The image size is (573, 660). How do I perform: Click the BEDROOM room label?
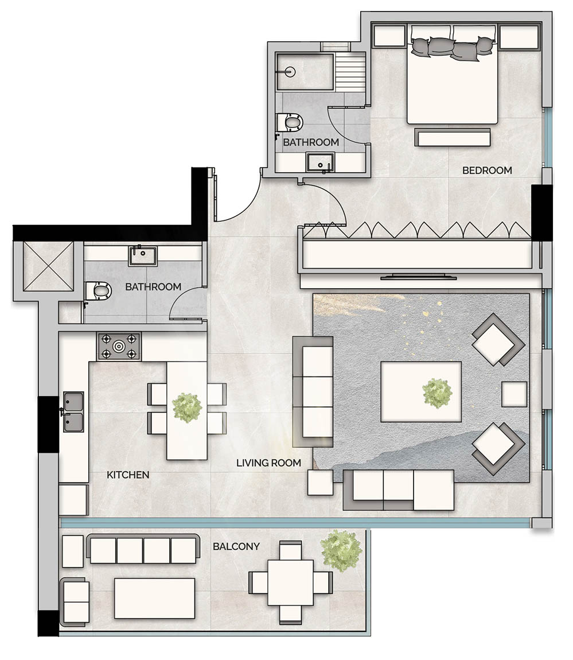pos(487,170)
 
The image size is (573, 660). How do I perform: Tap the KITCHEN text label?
pos(128,475)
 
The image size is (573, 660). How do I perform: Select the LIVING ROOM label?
pos(268,463)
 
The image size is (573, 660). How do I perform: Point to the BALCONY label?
pos(236,546)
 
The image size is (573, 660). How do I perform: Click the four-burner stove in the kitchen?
pos(119,346)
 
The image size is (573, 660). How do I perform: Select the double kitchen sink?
pos(73,412)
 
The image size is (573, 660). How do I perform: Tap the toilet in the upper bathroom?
pos(290,122)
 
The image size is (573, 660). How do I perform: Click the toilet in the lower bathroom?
pos(99,292)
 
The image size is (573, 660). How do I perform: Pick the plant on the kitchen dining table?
pos(187,407)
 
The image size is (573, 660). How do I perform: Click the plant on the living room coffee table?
pos(437,394)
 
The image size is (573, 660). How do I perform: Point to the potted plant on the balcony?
pos(341,550)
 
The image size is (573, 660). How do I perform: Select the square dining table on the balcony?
pos(290,583)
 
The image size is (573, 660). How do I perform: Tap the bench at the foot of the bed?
pos(453,138)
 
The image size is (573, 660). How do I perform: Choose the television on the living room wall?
pos(419,278)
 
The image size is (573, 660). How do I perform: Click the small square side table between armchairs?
pos(514,394)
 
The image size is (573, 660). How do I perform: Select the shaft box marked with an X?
pos(44,267)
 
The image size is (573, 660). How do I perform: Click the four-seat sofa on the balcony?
pos(143,550)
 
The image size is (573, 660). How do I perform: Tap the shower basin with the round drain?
pos(305,72)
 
